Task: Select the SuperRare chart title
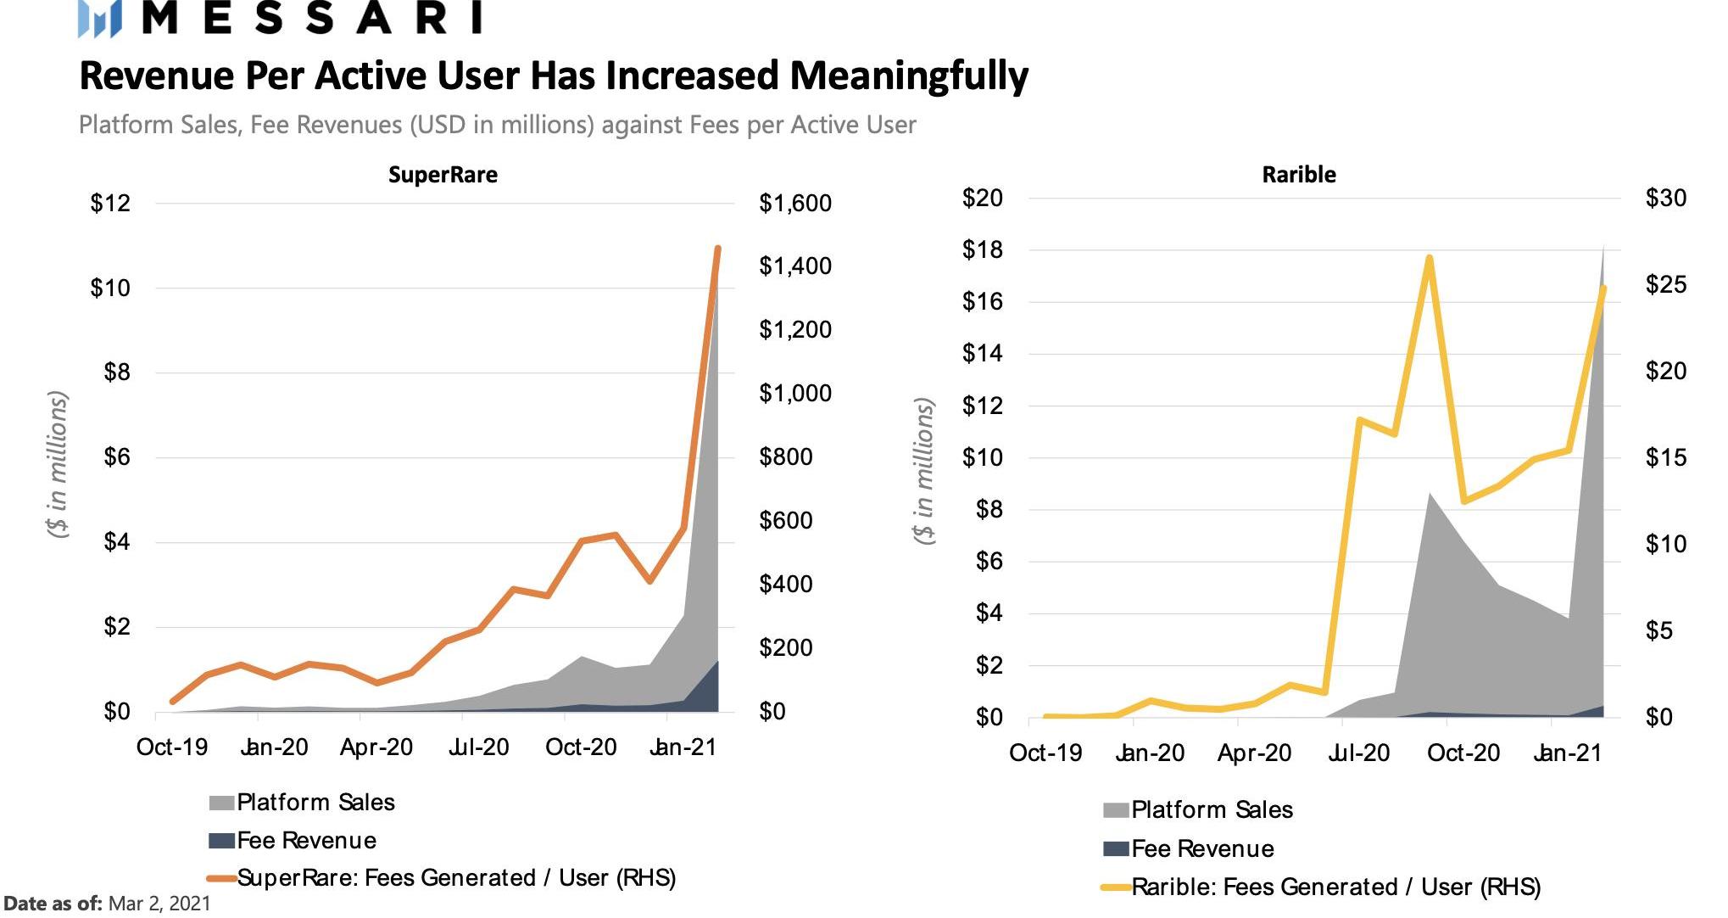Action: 443,175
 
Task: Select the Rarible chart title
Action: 1298,175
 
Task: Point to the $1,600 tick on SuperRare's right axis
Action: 795,204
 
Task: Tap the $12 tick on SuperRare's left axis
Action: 111,204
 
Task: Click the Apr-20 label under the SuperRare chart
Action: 376,747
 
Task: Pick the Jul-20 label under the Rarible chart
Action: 1357,753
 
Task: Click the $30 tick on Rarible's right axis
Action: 1665,199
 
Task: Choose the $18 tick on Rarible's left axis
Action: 982,250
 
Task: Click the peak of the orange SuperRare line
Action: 717,249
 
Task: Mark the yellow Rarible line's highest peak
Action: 1430,258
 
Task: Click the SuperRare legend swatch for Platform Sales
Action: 221,803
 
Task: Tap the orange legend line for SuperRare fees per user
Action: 221,878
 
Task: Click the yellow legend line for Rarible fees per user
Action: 1116,887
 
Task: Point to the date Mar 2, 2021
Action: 159,904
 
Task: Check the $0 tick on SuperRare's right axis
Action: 772,712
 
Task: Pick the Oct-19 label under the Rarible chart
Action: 1045,753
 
